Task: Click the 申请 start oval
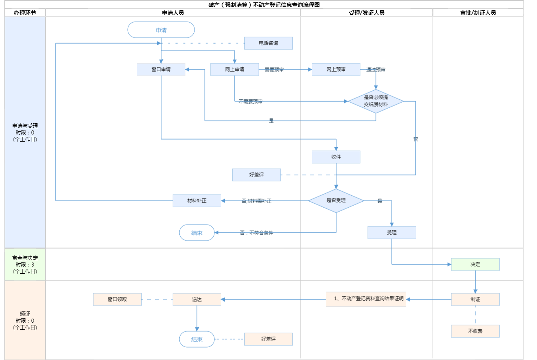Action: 161,30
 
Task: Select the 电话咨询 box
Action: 268,43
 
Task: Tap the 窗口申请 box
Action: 161,69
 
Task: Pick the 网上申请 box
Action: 235,69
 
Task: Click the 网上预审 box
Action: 336,69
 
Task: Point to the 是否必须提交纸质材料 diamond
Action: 376,101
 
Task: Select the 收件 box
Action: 336,157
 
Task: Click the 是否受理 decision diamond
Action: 336,200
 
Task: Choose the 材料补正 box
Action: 197,200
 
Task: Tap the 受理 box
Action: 392,232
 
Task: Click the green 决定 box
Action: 475,264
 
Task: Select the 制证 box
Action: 475,299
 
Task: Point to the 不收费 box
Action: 475,331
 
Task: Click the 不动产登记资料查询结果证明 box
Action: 366,299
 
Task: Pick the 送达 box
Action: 197,299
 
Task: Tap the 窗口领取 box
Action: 117,299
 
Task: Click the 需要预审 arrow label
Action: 274,70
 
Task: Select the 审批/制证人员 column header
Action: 478,13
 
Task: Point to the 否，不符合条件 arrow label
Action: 257,233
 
